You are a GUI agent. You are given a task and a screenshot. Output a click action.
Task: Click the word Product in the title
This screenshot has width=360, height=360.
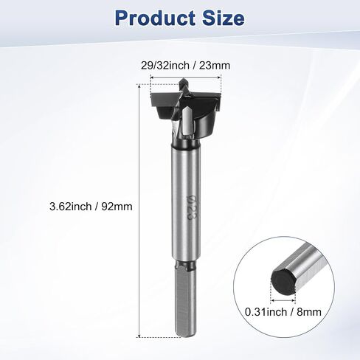click(155, 18)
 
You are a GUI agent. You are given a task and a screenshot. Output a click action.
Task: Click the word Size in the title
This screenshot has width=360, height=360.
click(224, 18)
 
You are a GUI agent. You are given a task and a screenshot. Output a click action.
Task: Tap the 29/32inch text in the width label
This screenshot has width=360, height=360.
click(165, 66)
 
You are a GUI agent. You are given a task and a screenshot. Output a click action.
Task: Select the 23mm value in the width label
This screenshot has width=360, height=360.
click(215, 66)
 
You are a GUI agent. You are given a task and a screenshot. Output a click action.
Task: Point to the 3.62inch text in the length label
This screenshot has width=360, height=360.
click(71, 207)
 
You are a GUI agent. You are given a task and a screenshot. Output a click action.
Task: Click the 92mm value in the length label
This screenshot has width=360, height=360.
click(117, 207)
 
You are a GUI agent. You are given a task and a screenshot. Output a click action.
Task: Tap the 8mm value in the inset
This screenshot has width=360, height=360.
click(309, 312)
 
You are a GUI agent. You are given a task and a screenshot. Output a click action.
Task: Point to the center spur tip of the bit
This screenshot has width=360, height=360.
click(183, 79)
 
